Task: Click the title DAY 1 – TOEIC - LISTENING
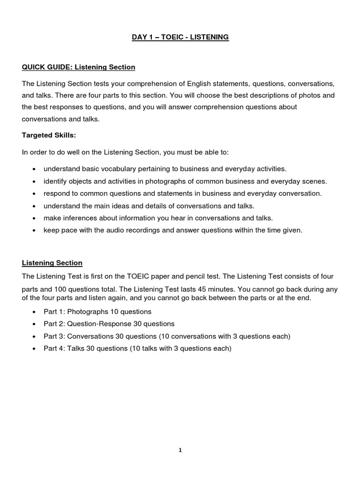[x=180, y=37]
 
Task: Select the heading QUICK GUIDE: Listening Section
[x=78, y=67]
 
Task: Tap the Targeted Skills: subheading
[x=48, y=136]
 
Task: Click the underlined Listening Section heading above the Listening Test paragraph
[x=52, y=263]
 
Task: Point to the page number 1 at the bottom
[x=180, y=450]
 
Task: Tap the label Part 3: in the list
[x=54, y=337]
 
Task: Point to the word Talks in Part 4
[x=76, y=349]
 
